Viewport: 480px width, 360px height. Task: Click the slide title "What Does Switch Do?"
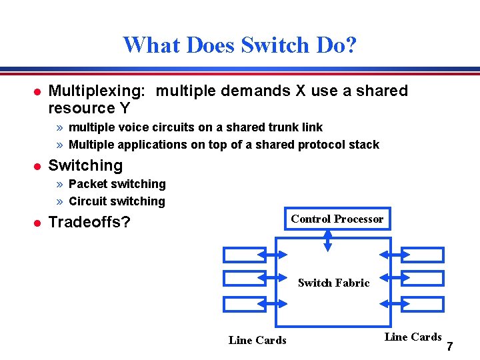click(x=240, y=45)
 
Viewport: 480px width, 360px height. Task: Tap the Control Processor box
click(x=337, y=219)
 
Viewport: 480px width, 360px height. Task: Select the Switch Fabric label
click(x=333, y=283)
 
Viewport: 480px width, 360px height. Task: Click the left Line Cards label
click(x=257, y=340)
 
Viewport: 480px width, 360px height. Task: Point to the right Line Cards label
click(x=413, y=337)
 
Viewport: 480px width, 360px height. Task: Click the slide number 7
click(x=450, y=347)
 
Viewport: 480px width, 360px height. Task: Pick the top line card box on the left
click(x=244, y=255)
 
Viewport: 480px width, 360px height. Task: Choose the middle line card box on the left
click(x=244, y=279)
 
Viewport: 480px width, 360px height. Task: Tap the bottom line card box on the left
click(x=244, y=304)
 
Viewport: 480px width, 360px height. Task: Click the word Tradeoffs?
click(x=89, y=222)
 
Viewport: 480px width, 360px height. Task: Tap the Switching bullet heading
click(x=86, y=165)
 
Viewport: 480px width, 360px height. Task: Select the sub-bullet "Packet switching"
click(x=117, y=184)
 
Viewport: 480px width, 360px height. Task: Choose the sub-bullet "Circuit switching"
click(x=117, y=201)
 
